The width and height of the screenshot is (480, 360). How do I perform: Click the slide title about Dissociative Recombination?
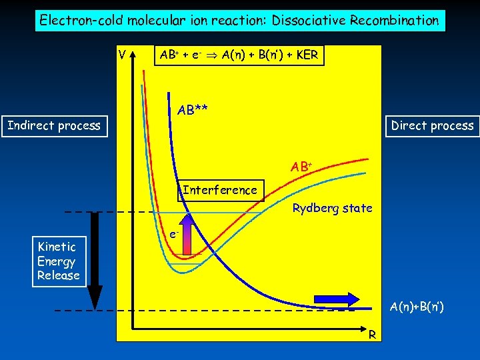239,20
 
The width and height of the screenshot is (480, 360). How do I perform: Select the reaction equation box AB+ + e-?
239,55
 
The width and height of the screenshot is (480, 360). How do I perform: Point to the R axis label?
375,333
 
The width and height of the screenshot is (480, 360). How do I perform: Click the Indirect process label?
54,125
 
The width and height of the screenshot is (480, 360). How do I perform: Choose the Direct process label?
432,125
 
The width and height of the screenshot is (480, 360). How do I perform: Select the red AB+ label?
301,167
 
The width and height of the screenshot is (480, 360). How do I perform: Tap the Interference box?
219,190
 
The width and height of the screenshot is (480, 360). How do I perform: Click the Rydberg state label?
332,209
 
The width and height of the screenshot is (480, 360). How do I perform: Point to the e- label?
173,234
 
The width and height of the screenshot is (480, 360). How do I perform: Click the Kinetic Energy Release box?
59,261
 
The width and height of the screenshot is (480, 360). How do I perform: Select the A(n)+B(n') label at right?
417,307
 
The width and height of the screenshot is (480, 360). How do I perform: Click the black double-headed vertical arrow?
95,260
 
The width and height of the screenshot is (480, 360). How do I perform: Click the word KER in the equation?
305,55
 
